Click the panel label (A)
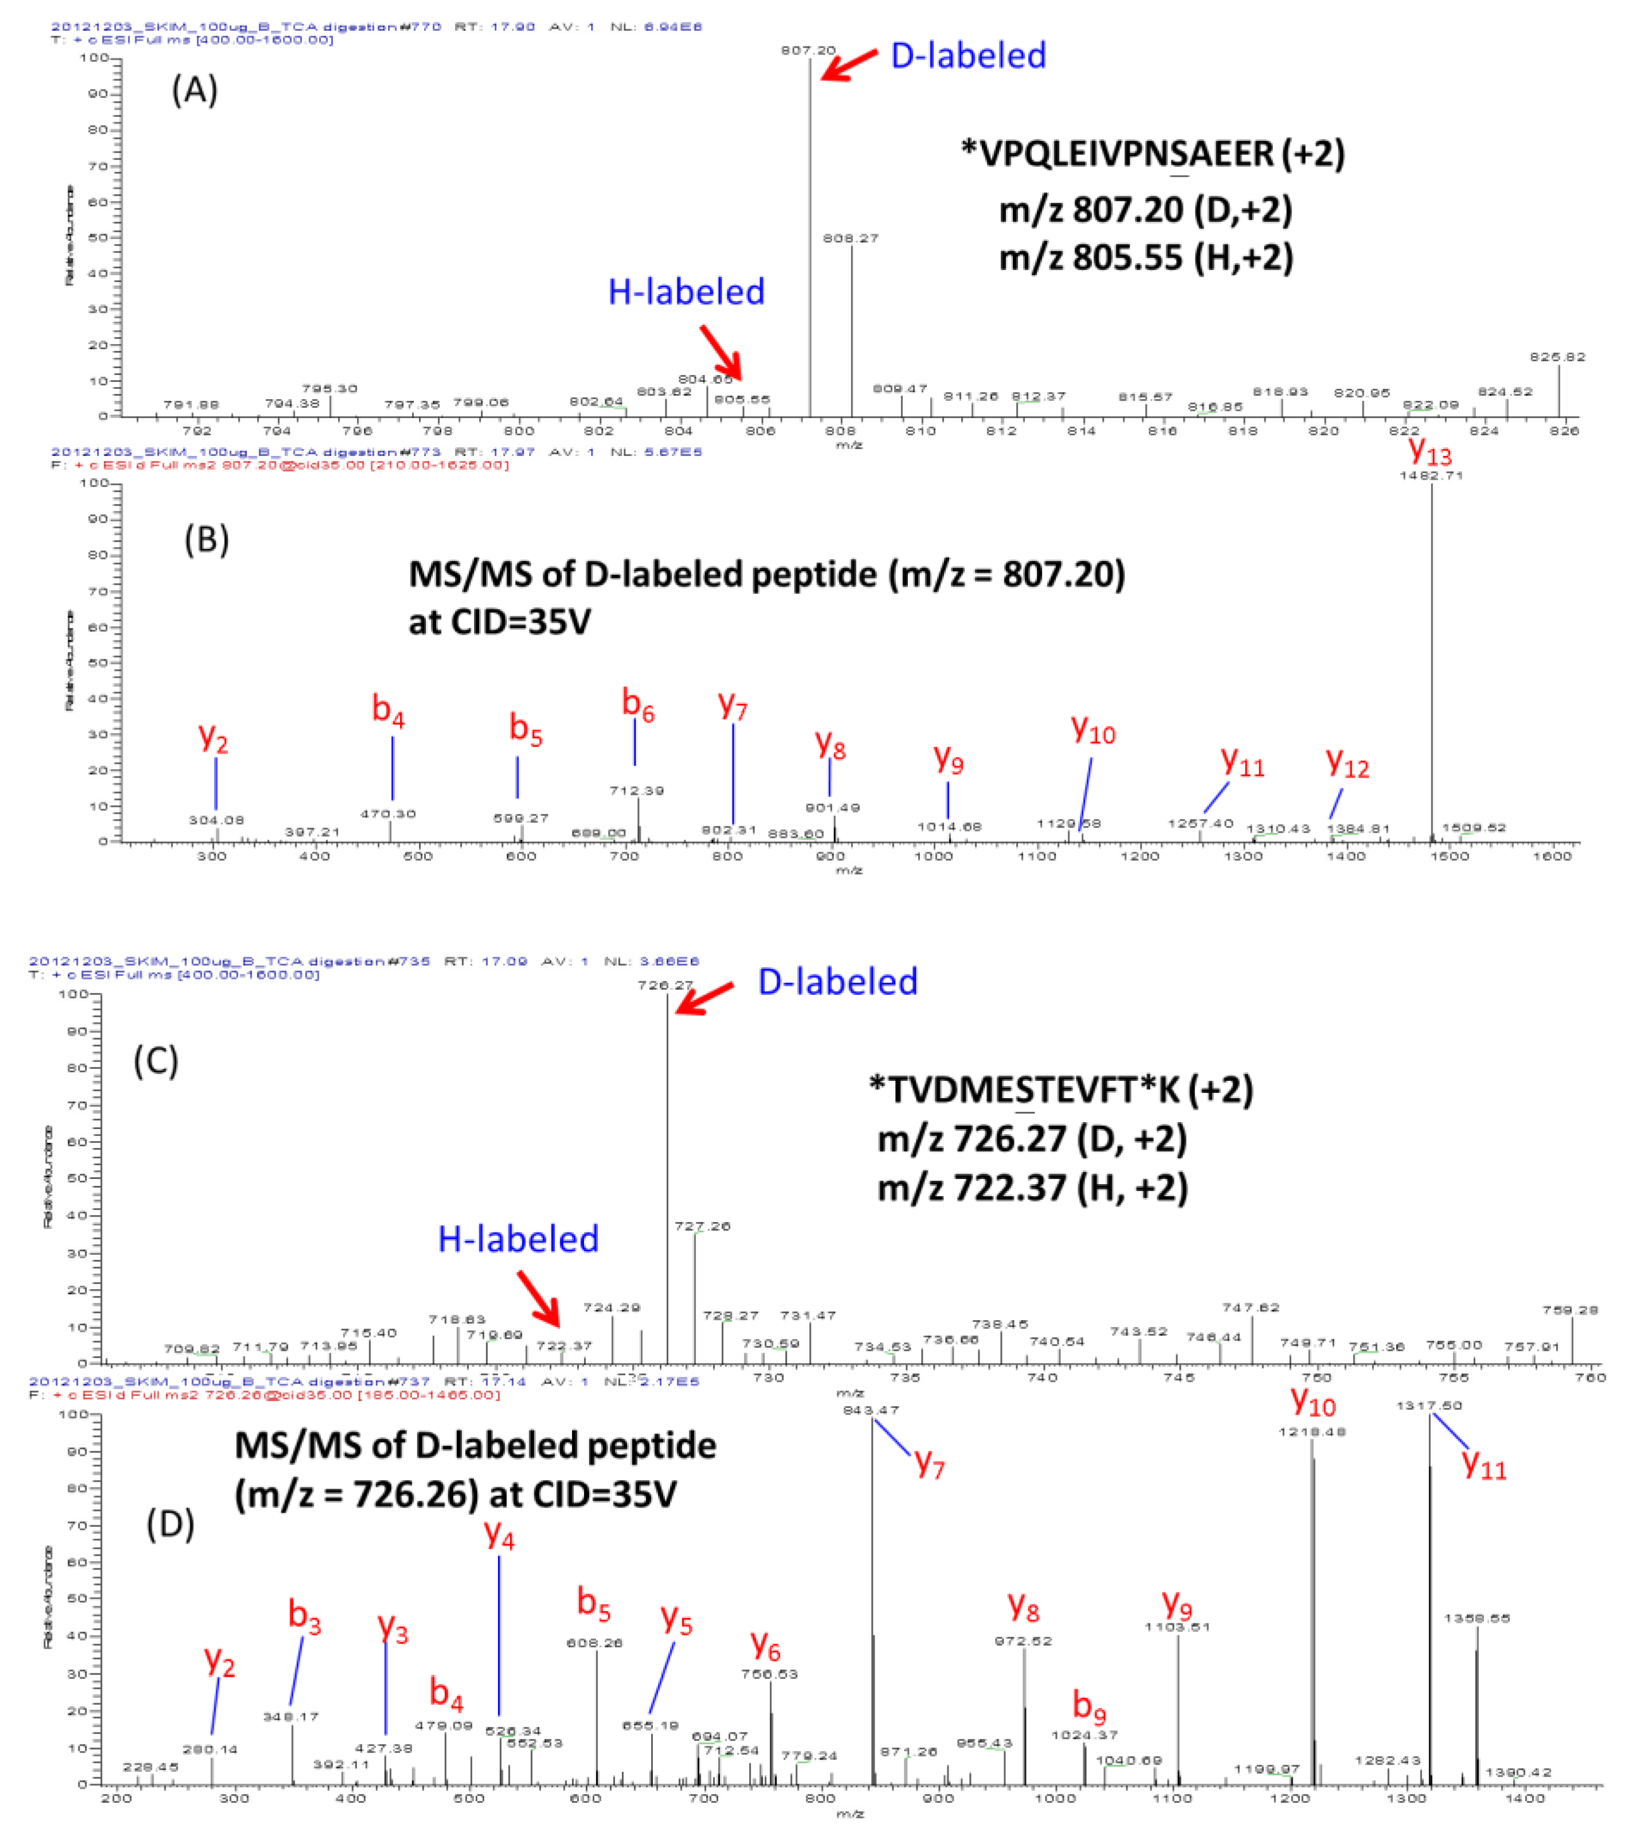tap(194, 91)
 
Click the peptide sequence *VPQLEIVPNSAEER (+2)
tap(1153, 154)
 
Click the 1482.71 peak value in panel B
tap(1431, 475)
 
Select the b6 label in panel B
tap(637, 704)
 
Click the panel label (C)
tap(155, 1061)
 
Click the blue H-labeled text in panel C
tap(518, 1239)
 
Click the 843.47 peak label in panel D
tap(871, 1410)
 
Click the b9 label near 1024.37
tap(1088, 1705)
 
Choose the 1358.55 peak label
tap(1476, 1618)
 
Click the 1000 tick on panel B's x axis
tap(933, 856)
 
